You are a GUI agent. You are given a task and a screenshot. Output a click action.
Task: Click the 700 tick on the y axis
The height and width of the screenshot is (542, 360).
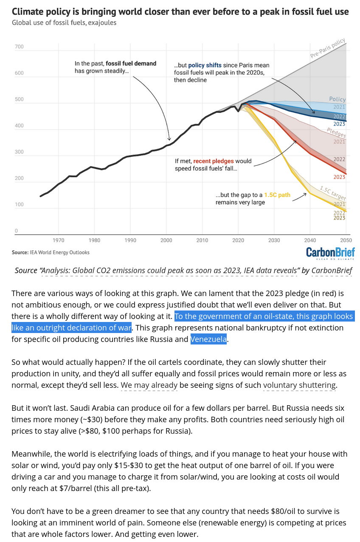19,47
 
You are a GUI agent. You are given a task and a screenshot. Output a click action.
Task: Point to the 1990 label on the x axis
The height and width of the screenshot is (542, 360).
130,240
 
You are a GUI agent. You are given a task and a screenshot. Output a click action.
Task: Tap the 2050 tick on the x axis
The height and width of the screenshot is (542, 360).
346,240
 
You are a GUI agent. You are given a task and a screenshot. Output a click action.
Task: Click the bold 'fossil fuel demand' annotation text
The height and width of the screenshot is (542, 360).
131,64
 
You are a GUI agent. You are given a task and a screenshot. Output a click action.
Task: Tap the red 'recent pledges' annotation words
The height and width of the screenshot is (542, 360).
212,161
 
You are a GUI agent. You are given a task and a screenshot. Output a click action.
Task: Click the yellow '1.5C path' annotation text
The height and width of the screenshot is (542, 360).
277,195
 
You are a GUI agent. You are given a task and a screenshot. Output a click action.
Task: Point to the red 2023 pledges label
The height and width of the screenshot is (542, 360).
339,177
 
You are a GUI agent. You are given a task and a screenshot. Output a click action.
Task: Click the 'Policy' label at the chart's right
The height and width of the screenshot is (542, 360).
337,99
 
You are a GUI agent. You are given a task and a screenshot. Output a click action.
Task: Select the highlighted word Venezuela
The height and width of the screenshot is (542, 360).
208,339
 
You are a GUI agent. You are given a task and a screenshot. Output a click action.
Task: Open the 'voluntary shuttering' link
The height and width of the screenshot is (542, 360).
299,385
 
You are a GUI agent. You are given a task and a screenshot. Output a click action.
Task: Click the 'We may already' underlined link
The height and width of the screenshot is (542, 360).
149,385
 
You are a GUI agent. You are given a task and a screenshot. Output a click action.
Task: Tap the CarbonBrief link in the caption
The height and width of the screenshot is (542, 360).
332,271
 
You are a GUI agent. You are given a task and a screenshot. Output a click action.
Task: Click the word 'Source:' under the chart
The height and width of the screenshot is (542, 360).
20,252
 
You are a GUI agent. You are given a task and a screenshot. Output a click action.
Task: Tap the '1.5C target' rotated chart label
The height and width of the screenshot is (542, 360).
332,193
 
